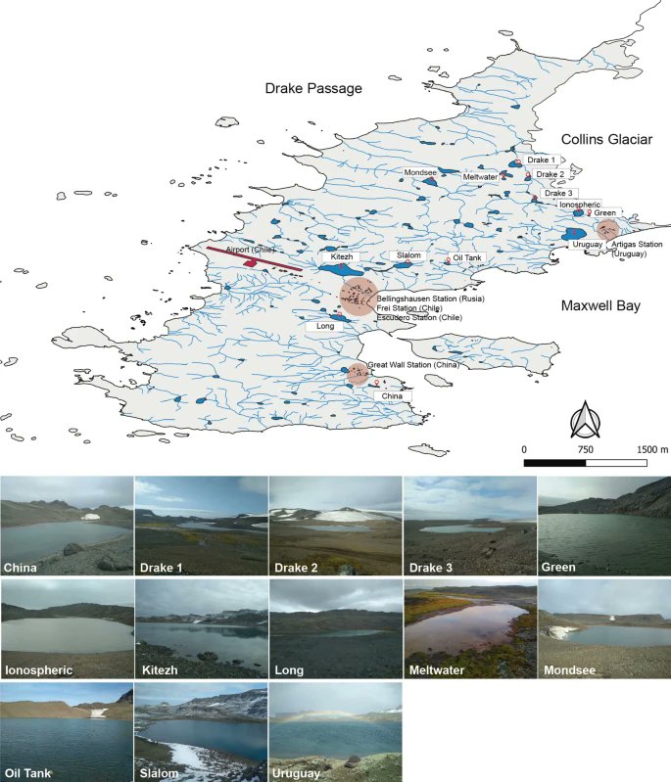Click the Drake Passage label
313,89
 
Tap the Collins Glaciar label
606,140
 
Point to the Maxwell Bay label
600,306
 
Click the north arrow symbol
585,420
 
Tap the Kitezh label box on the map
341,256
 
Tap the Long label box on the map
327,326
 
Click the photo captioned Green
603,526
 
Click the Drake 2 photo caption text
296,567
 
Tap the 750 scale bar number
586,448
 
